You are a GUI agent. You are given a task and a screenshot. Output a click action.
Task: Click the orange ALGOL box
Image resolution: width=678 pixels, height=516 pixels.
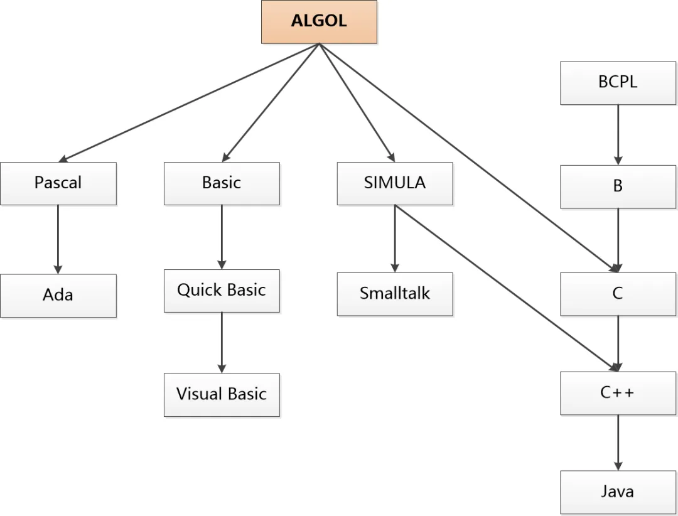click(x=319, y=21)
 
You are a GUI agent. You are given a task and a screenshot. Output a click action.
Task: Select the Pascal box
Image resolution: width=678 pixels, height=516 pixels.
click(x=58, y=183)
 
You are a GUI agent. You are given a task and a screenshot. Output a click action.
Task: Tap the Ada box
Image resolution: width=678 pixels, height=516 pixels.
click(x=58, y=295)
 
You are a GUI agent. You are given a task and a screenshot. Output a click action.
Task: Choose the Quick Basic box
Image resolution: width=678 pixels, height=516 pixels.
click(x=222, y=291)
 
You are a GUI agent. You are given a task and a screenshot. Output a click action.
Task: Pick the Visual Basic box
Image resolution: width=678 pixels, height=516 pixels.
click(x=222, y=395)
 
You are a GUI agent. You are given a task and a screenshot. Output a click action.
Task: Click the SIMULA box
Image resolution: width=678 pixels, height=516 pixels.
click(x=395, y=183)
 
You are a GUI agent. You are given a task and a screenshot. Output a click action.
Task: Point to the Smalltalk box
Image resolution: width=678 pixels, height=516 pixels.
click(x=395, y=294)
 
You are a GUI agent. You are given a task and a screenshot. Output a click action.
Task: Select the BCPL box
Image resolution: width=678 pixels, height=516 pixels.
click(x=618, y=83)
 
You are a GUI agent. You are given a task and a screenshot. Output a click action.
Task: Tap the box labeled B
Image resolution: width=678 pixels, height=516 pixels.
click(x=618, y=187)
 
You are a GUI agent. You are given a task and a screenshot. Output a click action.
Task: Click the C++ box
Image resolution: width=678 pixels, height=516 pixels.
click(x=618, y=393)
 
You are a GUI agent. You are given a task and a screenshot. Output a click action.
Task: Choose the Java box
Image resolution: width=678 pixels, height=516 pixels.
click(x=618, y=492)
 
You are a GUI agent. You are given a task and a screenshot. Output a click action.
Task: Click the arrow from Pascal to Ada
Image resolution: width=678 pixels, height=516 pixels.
click(x=58, y=239)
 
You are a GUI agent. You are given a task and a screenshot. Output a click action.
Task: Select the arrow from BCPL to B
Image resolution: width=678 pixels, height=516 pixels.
click(x=618, y=134)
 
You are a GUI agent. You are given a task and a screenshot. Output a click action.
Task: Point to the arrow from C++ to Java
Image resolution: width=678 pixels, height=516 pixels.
click(x=618, y=442)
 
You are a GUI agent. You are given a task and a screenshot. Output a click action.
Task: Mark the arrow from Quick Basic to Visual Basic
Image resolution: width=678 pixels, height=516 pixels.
click(x=221, y=342)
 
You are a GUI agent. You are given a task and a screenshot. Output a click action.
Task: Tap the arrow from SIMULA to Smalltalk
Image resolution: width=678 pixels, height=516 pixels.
click(x=395, y=239)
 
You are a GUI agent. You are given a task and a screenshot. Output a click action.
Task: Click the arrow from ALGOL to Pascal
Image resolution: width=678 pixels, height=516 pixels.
click(x=188, y=103)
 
